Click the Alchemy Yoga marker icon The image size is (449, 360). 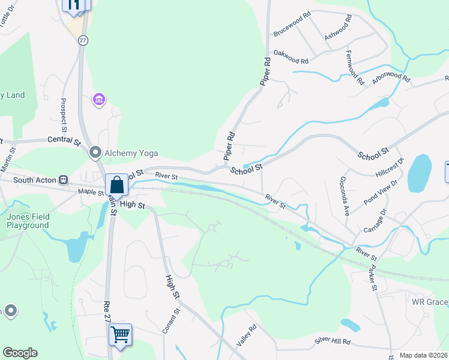pyautogui.click(x=95, y=152)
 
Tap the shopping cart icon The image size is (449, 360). pyautogui.click(x=120, y=334)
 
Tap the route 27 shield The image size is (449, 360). pyautogui.click(x=83, y=40)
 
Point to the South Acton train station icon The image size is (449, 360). pyautogui.click(x=62, y=180)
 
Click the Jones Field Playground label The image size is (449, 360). pyautogui.click(x=28, y=221)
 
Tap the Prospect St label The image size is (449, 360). pyautogui.click(x=64, y=115)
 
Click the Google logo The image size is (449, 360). pyautogui.click(x=20, y=353)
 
